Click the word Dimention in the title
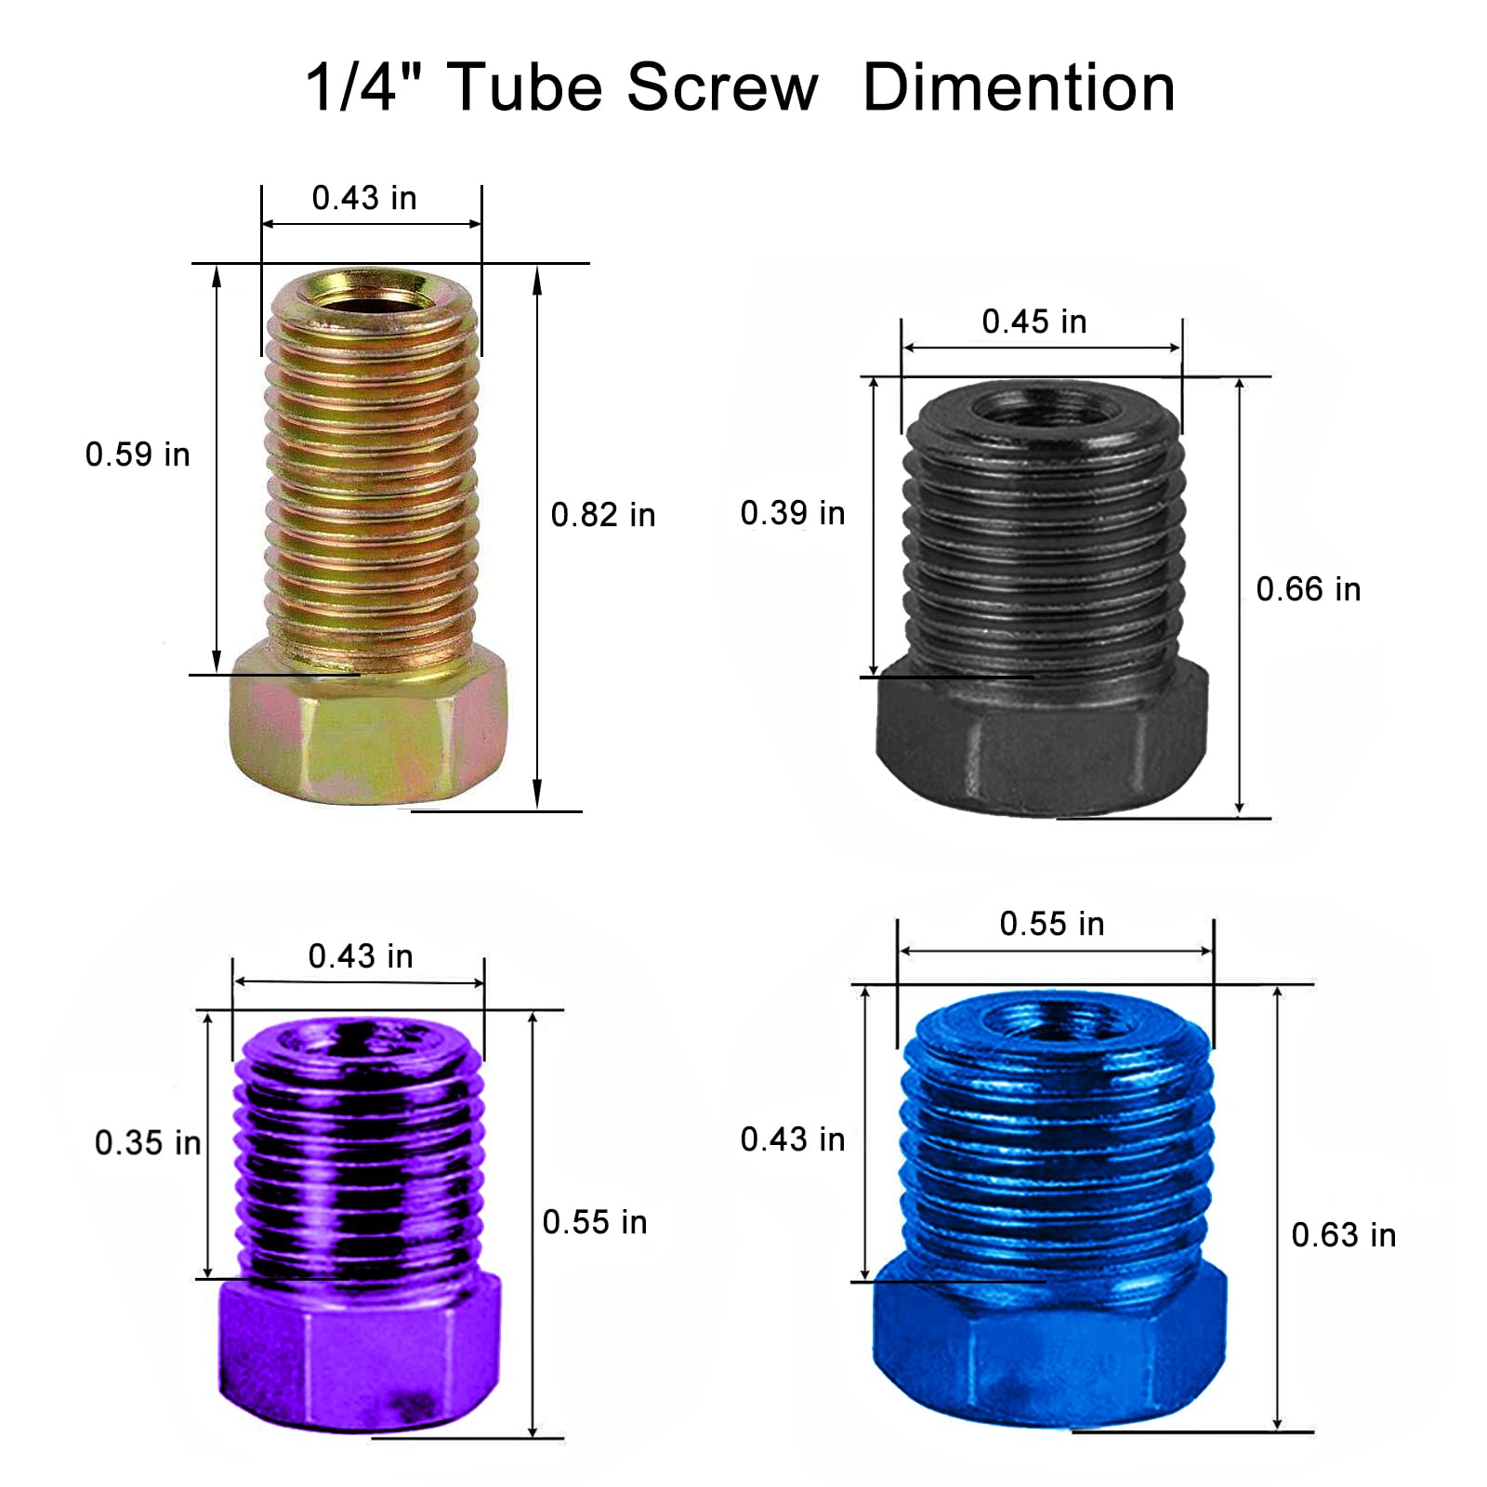[x=1019, y=88]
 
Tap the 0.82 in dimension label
[x=603, y=515]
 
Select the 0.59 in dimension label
[x=138, y=454]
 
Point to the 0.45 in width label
[x=1034, y=322]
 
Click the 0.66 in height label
[x=1309, y=589]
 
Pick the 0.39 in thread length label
[x=793, y=513]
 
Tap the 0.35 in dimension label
[x=148, y=1143]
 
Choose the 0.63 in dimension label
[x=1344, y=1235]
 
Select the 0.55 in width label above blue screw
[x=1052, y=924]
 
